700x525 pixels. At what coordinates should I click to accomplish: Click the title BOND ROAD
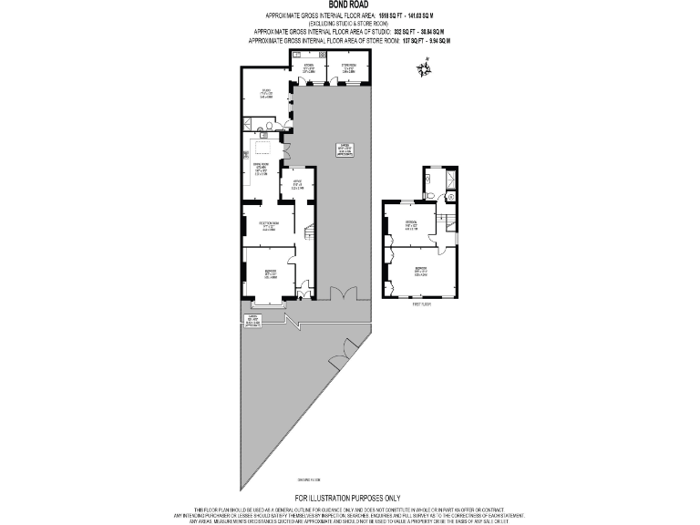[x=349, y=5]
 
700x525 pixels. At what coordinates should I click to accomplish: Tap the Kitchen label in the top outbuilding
[x=308, y=67]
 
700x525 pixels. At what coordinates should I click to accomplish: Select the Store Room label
[x=347, y=67]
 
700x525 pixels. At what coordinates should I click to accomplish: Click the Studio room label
[x=265, y=92]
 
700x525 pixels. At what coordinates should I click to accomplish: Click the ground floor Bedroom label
[x=270, y=273]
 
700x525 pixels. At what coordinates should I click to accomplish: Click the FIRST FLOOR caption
[x=420, y=304]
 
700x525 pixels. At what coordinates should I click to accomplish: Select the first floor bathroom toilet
[x=427, y=193]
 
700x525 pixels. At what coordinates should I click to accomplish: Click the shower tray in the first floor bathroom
[x=450, y=194]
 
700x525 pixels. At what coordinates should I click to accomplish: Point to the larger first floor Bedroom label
[x=420, y=272]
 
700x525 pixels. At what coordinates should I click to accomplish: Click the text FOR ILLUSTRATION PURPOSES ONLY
[x=349, y=498]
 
